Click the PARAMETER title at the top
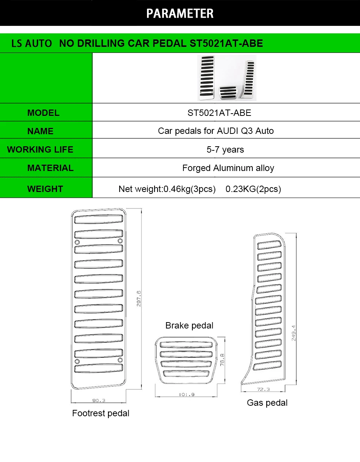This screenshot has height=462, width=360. point(180,13)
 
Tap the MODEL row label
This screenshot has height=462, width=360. point(43,113)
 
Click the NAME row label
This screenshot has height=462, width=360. point(40,131)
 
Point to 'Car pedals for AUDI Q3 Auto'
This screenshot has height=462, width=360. point(216,131)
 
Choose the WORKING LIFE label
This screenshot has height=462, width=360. point(40,150)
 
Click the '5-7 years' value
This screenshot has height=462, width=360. point(225,150)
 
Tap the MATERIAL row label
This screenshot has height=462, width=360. point(50,168)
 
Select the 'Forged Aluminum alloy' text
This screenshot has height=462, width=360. point(228,168)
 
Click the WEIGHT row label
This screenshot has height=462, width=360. point(45,189)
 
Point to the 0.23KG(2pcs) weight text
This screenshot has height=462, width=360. point(253,189)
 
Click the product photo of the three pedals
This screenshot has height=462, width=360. point(227,78)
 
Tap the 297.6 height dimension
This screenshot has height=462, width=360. point(139,298)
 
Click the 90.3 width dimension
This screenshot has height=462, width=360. point(99,400)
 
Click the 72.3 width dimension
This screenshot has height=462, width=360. point(264,390)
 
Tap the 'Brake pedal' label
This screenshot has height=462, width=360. point(189,325)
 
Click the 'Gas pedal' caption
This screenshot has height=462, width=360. point(267,403)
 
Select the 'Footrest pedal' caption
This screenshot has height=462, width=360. point(100,413)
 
